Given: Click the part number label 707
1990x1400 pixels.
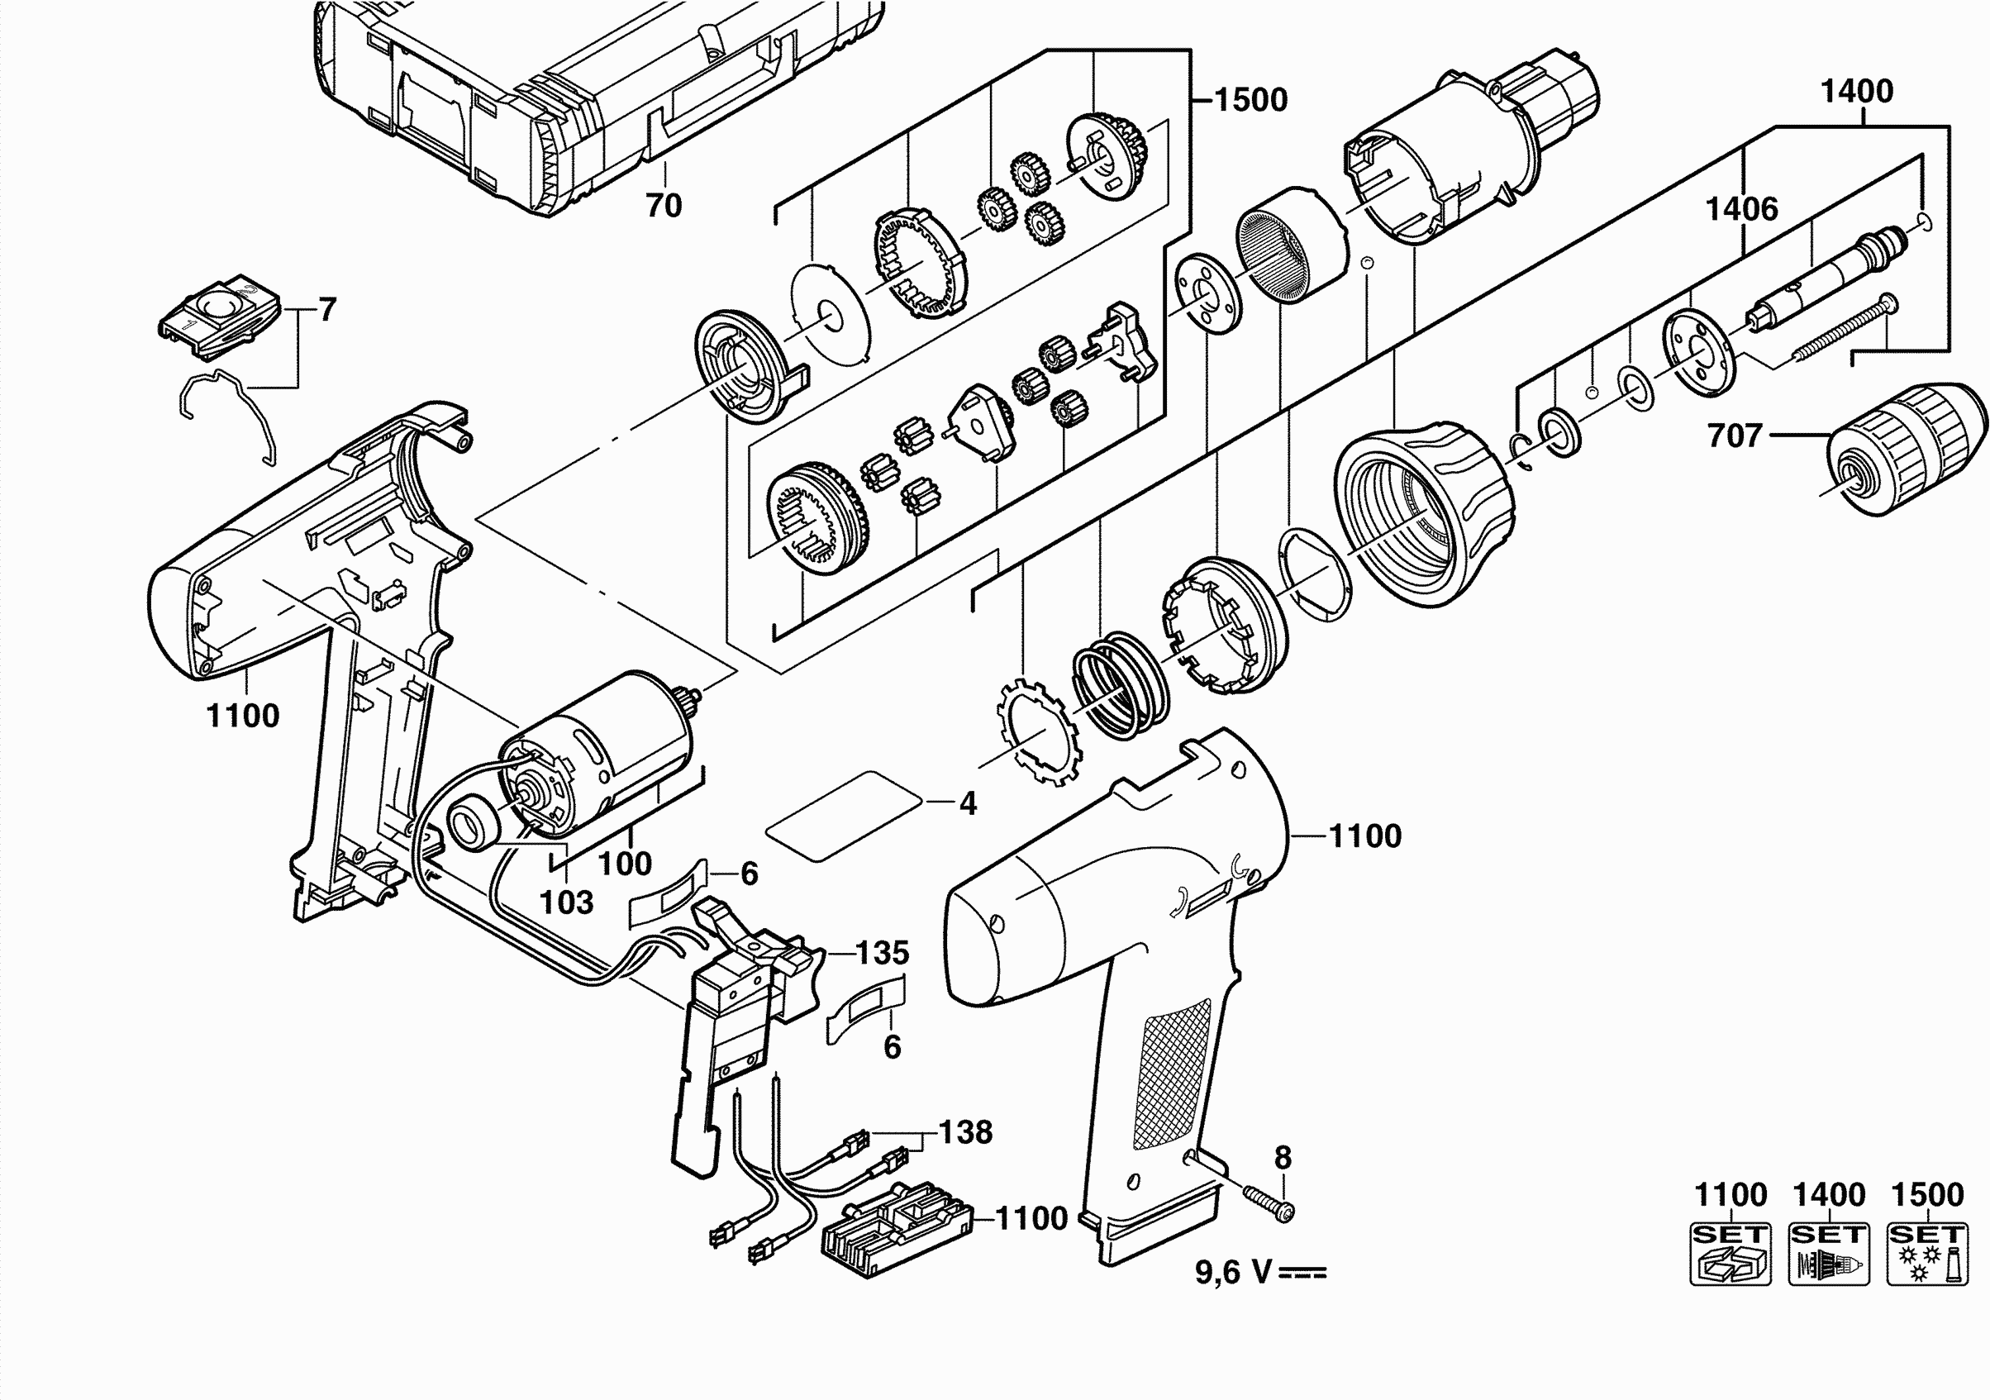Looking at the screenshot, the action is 1735,436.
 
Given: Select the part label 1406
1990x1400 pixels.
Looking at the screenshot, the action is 1742,209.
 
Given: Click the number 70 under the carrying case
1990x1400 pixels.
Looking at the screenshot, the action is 664,206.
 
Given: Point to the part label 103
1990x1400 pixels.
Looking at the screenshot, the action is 567,902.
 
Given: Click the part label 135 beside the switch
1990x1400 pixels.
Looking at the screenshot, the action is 883,953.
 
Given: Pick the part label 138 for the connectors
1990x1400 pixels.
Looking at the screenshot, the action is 965,1132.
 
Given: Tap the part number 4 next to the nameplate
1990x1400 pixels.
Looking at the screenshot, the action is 968,803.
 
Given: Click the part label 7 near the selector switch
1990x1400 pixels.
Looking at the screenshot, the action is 326,309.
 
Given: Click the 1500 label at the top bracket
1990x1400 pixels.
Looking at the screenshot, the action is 1250,101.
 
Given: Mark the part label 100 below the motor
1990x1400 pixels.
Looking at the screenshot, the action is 625,864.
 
